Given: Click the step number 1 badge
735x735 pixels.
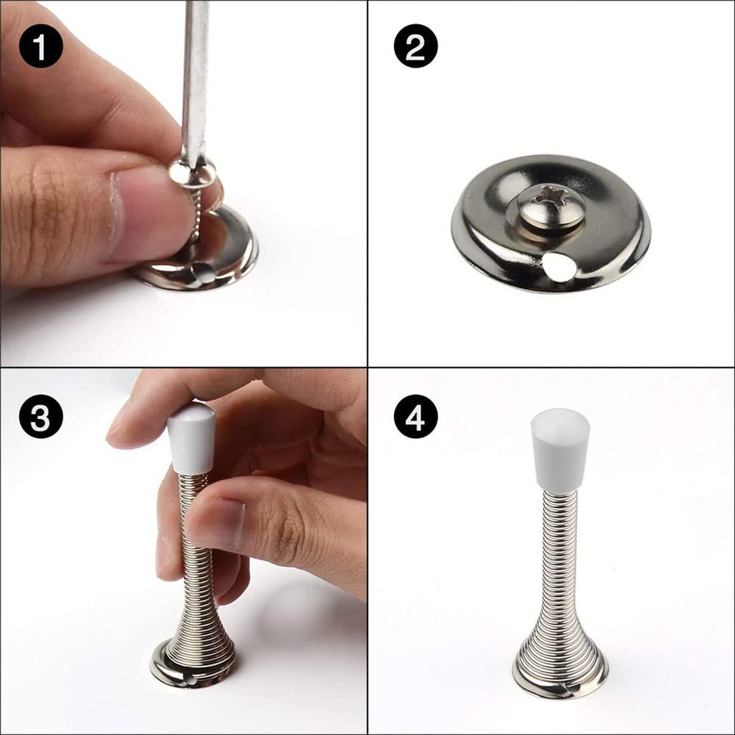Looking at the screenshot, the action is tap(40, 46).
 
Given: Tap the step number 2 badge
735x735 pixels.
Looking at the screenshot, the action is tap(416, 46).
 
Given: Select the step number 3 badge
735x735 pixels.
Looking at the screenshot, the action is tap(40, 416).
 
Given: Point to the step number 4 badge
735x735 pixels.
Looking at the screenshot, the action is tap(416, 416).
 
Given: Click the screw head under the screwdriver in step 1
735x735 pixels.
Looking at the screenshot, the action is tap(192, 171).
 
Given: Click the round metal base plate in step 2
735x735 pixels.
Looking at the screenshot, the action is tap(551, 223).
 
